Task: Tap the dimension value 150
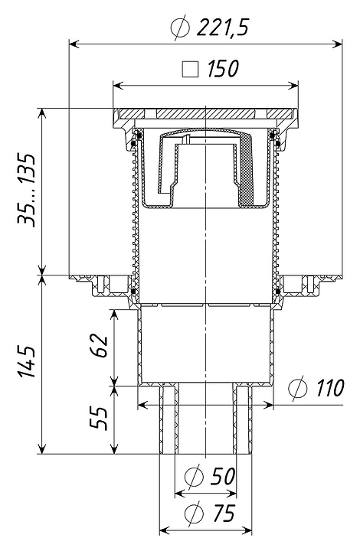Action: (x=223, y=69)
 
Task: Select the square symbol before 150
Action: (x=190, y=69)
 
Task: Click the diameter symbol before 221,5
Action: (x=180, y=28)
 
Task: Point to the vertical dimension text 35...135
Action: (x=27, y=190)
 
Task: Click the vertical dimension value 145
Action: (x=27, y=362)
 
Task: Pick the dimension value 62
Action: (x=99, y=346)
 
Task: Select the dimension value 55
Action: (x=99, y=418)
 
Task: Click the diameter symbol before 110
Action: (x=298, y=389)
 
